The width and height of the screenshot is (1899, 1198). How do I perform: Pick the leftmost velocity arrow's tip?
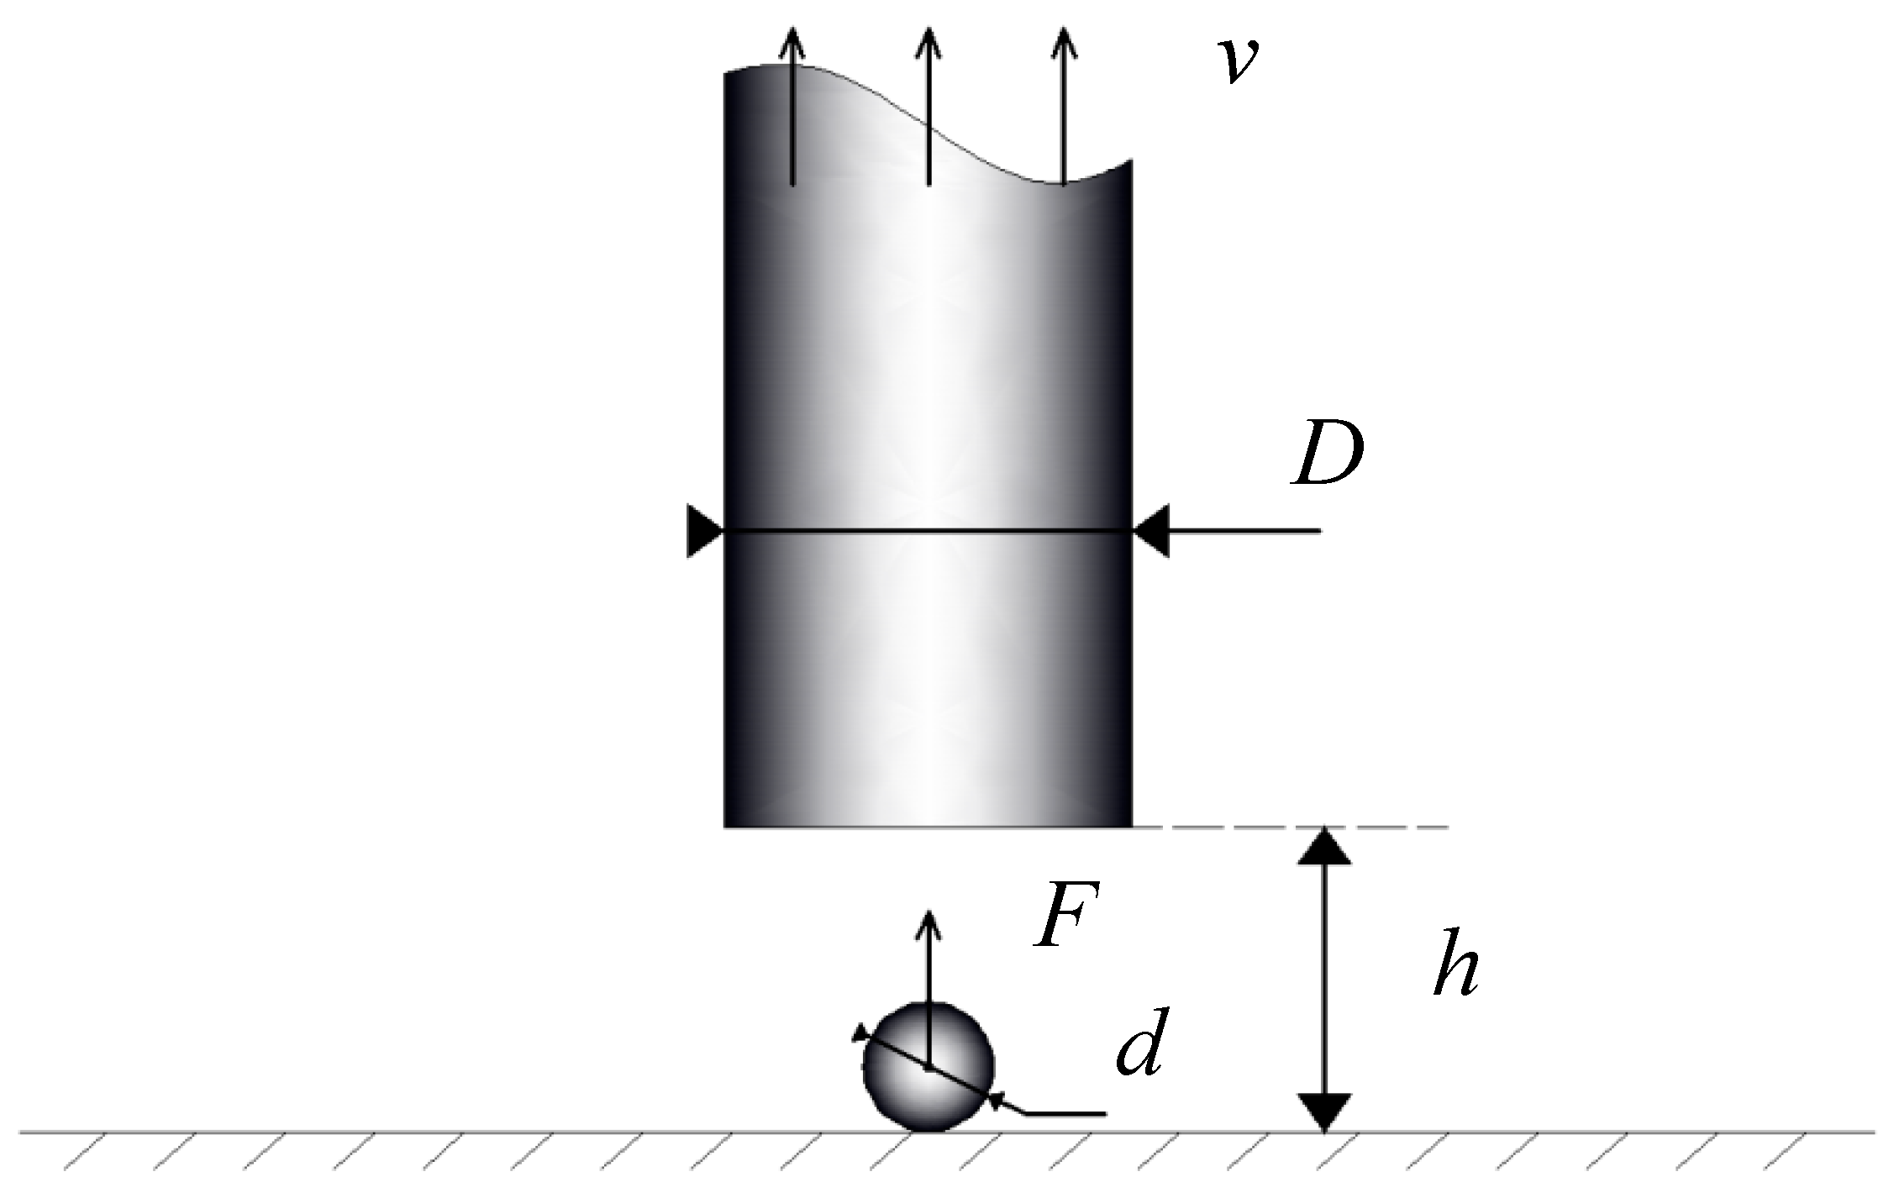[792, 30]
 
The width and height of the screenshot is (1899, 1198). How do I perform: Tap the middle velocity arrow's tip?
[928, 30]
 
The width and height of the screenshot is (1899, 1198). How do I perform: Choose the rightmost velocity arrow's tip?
[1064, 30]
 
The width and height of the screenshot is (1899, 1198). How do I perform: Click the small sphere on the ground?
[928, 1068]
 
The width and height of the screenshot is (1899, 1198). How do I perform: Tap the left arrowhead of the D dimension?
[704, 531]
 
